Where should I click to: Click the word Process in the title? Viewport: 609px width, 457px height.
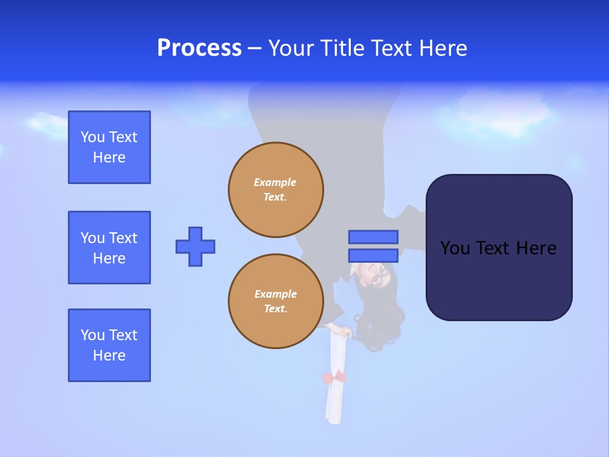199,48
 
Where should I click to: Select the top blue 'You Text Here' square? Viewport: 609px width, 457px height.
109,147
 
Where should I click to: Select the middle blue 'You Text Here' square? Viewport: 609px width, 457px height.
109,248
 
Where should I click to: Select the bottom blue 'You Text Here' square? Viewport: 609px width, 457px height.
109,345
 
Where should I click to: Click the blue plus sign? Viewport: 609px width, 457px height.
195,246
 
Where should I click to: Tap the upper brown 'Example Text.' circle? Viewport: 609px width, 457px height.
276,190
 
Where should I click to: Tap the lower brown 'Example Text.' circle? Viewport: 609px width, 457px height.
276,301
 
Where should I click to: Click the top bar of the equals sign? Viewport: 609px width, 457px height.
373,237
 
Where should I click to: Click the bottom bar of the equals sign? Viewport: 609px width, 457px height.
373,255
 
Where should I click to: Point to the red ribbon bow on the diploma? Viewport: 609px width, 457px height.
334,378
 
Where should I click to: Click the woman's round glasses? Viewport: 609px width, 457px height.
379,275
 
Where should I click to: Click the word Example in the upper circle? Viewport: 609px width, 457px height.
275,182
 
